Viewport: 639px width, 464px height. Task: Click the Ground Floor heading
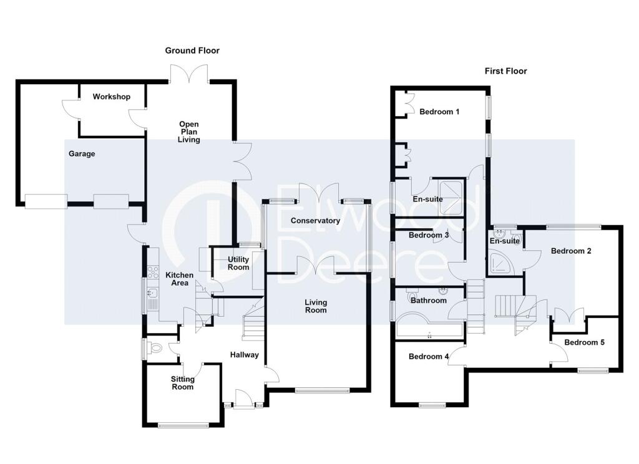pyautogui.click(x=192, y=51)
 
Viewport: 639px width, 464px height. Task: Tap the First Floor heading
pyautogui.click(x=505, y=71)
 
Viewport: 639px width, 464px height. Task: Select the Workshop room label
pyautogui.click(x=111, y=97)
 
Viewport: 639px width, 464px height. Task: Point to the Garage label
pyautogui.click(x=82, y=153)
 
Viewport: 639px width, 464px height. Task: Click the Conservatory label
pyautogui.click(x=315, y=220)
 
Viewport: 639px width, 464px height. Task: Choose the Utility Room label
pyautogui.click(x=238, y=263)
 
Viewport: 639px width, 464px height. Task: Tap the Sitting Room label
pyautogui.click(x=182, y=383)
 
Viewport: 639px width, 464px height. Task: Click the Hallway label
pyautogui.click(x=244, y=355)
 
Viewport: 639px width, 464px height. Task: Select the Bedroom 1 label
pyautogui.click(x=439, y=112)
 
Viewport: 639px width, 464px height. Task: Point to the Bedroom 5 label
pyautogui.click(x=584, y=342)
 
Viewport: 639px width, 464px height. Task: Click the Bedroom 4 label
pyautogui.click(x=428, y=357)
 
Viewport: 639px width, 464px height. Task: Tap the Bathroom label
pyautogui.click(x=428, y=300)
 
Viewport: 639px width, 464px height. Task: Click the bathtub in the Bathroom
pyautogui.click(x=429, y=326)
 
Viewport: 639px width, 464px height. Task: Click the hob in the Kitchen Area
pyautogui.click(x=153, y=272)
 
